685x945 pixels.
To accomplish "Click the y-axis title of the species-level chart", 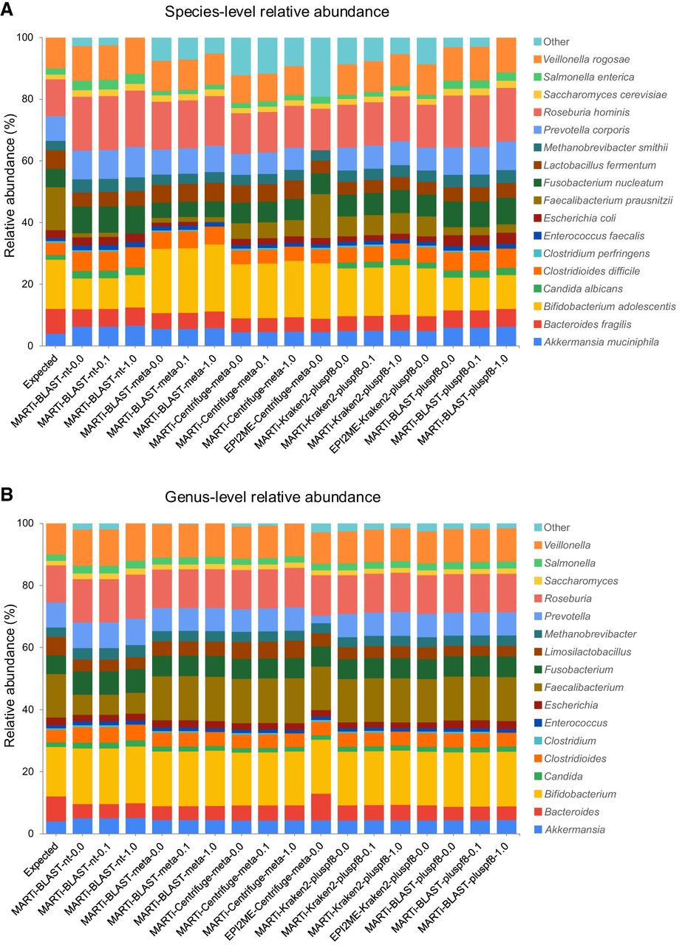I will click(10, 190).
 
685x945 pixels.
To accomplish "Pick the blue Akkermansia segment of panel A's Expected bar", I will click(55, 340).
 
